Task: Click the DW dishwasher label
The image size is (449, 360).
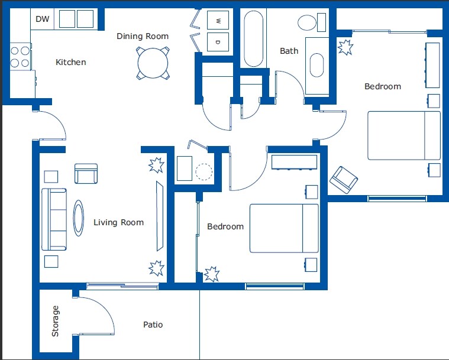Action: click(43, 19)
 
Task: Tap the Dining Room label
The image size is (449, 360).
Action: click(143, 36)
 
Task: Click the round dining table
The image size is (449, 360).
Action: click(153, 63)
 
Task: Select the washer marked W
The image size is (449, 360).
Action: click(218, 20)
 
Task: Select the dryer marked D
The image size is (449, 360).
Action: click(218, 42)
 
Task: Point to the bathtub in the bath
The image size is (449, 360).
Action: click(253, 38)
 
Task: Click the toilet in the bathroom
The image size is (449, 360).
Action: click(312, 22)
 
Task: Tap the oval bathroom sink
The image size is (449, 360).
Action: click(316, 65)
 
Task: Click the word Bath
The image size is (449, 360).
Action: click(289, 51)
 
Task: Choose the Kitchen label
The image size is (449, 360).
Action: click(71, 62)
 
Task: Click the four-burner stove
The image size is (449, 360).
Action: click(20, 56)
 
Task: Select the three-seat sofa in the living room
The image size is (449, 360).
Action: click(54, 219)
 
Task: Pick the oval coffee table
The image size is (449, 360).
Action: click(78, 218)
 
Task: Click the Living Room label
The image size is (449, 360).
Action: click(118, 222)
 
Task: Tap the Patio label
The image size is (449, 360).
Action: click(153, 325)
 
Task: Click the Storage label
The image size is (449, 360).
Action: click(55, 321)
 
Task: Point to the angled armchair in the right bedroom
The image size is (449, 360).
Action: click(344, 180)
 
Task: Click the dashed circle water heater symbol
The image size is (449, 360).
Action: click(204, 171)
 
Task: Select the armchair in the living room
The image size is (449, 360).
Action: click(86, 173)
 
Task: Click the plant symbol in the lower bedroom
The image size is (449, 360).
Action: click(212, 274)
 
